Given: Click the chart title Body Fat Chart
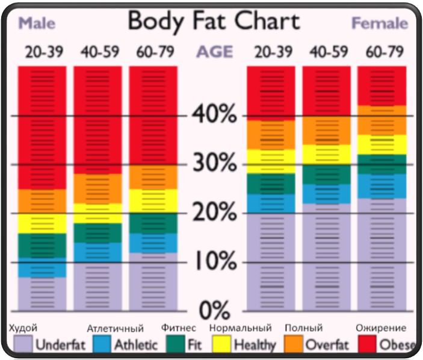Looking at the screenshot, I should (214, 22).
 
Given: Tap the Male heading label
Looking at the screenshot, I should (37, 24).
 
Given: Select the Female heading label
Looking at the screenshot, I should (380, 24).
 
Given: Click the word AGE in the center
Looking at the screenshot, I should (214, 52).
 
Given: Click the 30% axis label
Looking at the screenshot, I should (214, 163).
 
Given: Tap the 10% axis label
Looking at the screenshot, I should (214, 262).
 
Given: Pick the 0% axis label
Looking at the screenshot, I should (214, 310).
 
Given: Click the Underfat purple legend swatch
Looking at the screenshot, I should (22, 344).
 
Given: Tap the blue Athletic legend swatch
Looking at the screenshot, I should (100, 344).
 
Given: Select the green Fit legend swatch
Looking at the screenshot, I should (175, 344).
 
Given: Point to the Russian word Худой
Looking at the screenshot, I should (24, 328).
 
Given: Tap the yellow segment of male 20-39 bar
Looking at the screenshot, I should (42, 223).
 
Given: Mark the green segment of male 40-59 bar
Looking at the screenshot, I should (97, 233).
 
